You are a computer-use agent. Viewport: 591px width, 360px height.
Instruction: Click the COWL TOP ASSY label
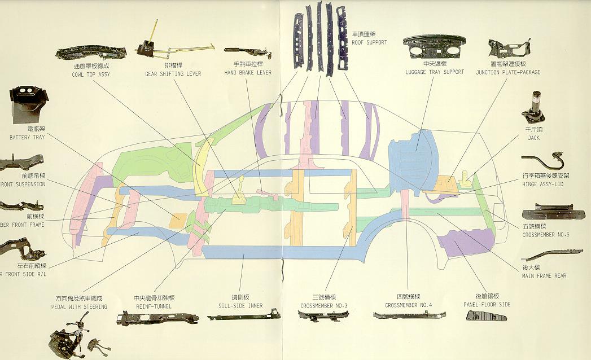(x=90, y=74)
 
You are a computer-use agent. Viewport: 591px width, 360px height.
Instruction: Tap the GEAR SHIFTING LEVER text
(x=173, y=74)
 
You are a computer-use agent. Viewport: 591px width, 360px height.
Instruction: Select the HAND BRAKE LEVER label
(x=248, y=73)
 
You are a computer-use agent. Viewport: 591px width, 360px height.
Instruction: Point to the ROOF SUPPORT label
(x=369, y=42)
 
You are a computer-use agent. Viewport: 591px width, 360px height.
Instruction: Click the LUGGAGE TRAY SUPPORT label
(x=435, y=72)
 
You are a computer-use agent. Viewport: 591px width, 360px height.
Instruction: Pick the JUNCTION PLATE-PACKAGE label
(x=508, y=72)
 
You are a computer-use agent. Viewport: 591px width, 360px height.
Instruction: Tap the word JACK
(x=533, y=138)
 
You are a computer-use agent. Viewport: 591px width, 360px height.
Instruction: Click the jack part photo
(x=533, y=108)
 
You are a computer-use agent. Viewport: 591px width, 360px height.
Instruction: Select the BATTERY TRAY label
(x=27, y=138)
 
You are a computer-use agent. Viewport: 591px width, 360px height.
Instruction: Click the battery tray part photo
(x=26, y=104)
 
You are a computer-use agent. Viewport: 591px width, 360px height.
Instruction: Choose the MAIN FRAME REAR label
(x=544, y=276)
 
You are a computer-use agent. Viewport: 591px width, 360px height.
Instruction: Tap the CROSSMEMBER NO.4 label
(x=408, y=305)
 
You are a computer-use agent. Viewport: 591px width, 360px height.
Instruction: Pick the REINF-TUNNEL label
(x=153, y=306)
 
